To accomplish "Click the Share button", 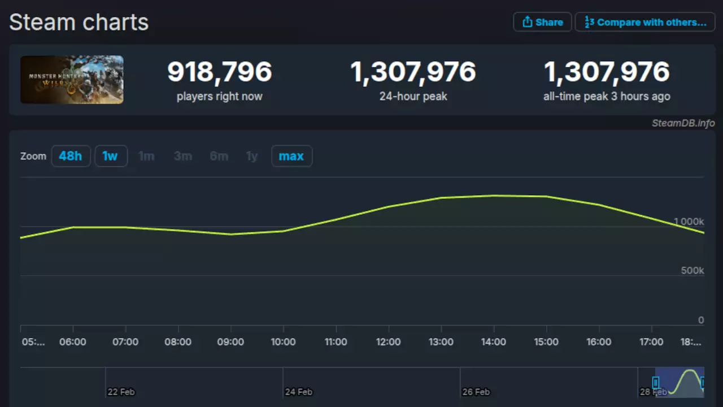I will [x=542, y=22].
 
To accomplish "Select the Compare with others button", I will [x=644, y=22].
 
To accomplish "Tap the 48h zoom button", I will [x=71, y=156].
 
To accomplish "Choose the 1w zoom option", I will [x=110, y=156].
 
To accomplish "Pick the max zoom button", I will [x=291, y=156].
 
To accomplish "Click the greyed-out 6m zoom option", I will [x=219, y=156].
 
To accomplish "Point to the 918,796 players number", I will [x=219, y=72].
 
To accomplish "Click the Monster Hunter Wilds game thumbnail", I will [x=72, y=80].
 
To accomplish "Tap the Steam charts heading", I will [x=79, y=23].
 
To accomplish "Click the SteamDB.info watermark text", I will [x=683, y=123].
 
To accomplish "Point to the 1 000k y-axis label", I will [x=689, y=222].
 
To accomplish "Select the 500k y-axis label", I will [x=692, y=271].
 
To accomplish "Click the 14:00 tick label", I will [x=494, y=342].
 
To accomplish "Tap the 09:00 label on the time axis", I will [x=230, y=342].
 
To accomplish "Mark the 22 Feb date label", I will [x=121, y=392].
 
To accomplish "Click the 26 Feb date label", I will [x=476, y=392].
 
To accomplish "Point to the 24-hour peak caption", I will [x=413, y=97].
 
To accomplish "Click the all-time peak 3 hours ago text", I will [x=607, y=97].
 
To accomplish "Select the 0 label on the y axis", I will [x=700, y=321].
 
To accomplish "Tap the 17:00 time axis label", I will [x=651, y=342].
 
